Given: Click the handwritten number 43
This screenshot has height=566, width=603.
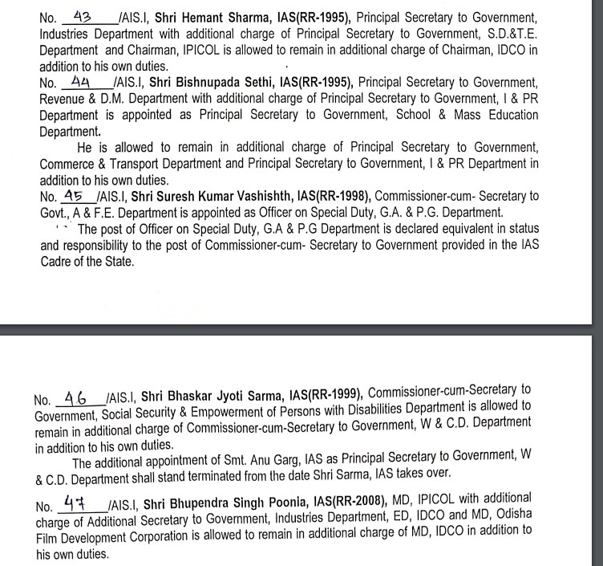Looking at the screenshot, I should pyautogui.click(x=83, y=16).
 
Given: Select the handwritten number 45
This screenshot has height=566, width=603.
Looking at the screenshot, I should pyautogui.click(x=75, y=196).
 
